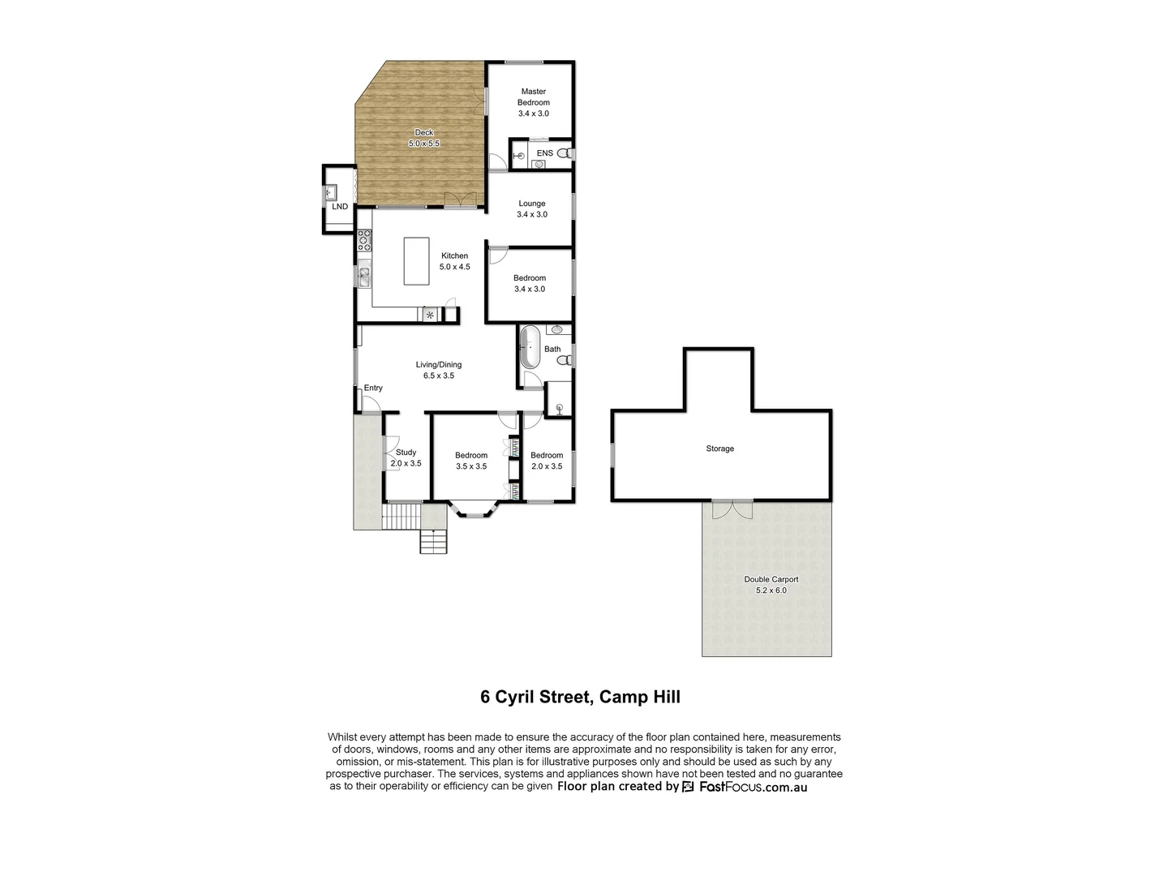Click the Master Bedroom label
534,97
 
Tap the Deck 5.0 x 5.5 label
423,138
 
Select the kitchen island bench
417,260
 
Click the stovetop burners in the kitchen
364,239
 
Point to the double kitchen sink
364,277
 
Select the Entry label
373,389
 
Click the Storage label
719,449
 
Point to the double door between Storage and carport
732,509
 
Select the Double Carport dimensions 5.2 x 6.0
771,590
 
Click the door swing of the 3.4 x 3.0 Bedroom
497,254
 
